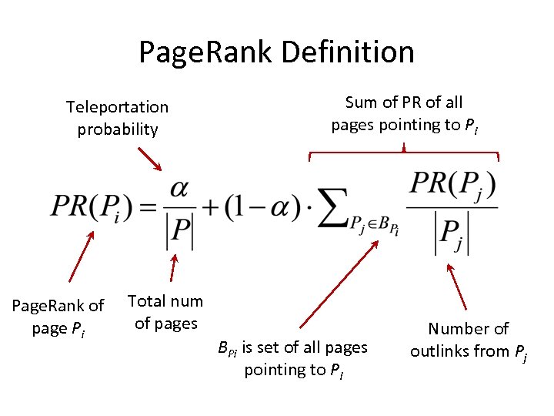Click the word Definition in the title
pos(349,52)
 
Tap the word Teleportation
pos(117,106)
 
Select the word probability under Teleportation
pos(117,129)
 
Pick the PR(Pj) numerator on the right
pos(452,186)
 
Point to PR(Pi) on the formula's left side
pos(93,207)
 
